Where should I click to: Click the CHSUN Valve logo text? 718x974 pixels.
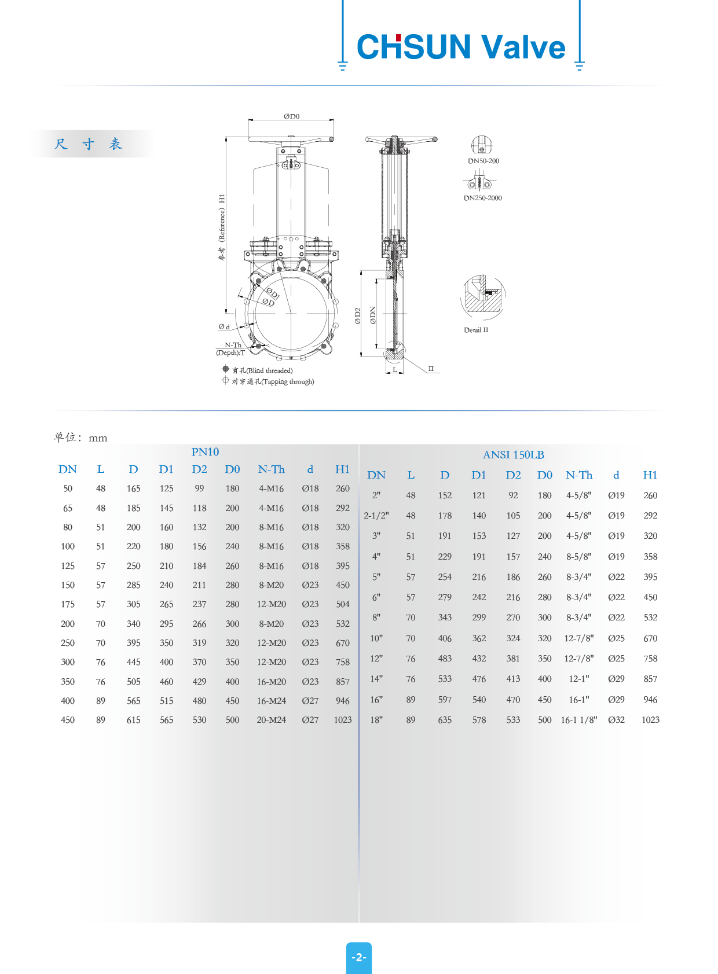point(461,47)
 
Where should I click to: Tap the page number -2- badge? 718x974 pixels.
point(359,957)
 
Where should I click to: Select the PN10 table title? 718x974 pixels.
point(205,452)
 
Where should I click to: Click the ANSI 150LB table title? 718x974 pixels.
point(513,455)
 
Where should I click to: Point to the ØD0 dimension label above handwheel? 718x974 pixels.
point(291,116)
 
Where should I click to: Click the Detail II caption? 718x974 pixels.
point(476,330)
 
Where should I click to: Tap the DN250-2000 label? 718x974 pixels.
point(482,198)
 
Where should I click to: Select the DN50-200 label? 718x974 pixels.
point(483,161)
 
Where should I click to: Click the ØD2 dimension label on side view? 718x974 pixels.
point(358,315)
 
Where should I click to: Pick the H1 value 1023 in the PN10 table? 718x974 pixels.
point(343,720)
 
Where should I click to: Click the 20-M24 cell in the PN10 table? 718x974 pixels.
point(272,720)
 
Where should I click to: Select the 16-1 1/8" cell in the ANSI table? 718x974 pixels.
point(578,720)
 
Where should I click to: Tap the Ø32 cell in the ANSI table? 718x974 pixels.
point(616,720)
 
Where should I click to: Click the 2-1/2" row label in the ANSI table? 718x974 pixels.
point(376,516)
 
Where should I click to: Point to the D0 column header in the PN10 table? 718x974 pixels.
point(232,469)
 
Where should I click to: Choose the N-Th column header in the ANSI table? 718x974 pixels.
point(579,475)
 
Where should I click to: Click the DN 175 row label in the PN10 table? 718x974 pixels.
point(68,604)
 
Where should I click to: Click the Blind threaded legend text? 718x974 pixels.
point(263,370)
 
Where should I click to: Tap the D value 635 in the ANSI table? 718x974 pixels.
point(445,720)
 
